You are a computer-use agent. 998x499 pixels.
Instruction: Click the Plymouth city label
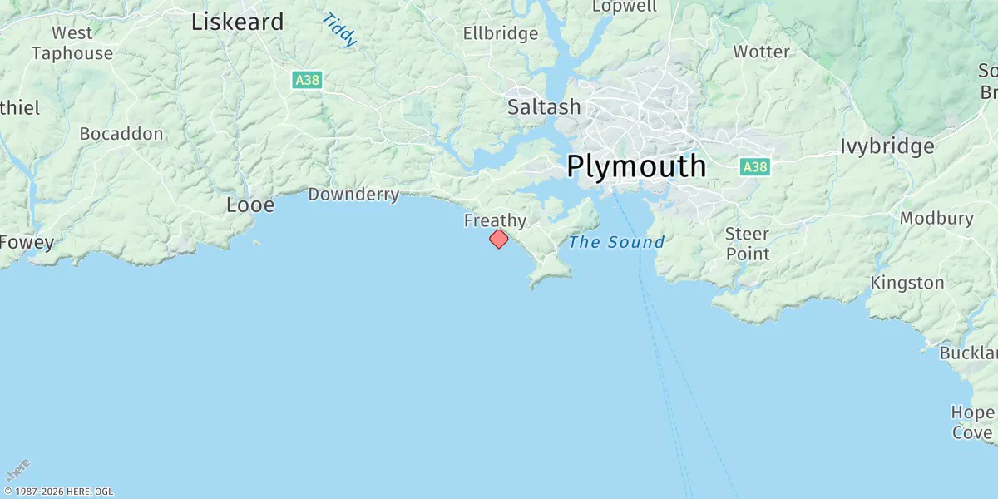point(636,166)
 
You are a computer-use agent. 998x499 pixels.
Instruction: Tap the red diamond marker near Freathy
point(498,240)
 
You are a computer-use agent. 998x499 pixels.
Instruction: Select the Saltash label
point(544,107)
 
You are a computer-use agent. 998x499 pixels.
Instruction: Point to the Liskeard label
point(237,22)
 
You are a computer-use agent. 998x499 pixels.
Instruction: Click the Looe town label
point(250,205)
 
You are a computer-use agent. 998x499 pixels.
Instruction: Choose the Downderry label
point(353,195)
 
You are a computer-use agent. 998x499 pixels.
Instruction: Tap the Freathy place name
point(495,220)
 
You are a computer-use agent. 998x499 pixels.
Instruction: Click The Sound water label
point(616,242)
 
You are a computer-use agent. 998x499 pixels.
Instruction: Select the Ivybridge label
point(887,147)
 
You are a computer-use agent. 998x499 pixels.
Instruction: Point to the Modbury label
point(936,219)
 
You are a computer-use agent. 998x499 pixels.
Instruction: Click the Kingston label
point(907,283)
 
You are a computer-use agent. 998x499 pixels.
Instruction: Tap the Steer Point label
point(747,244)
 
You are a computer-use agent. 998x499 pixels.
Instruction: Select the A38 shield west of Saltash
point(307,80)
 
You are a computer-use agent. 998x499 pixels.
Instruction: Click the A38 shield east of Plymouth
point(754,167)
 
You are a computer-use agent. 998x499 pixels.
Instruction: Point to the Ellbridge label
point(501,34)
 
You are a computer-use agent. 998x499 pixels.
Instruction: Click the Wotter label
point(761,52)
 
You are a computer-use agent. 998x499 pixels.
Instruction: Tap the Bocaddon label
point(121,133)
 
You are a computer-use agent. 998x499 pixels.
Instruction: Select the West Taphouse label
point(72,43)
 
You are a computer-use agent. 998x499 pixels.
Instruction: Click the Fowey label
point(27,243)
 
